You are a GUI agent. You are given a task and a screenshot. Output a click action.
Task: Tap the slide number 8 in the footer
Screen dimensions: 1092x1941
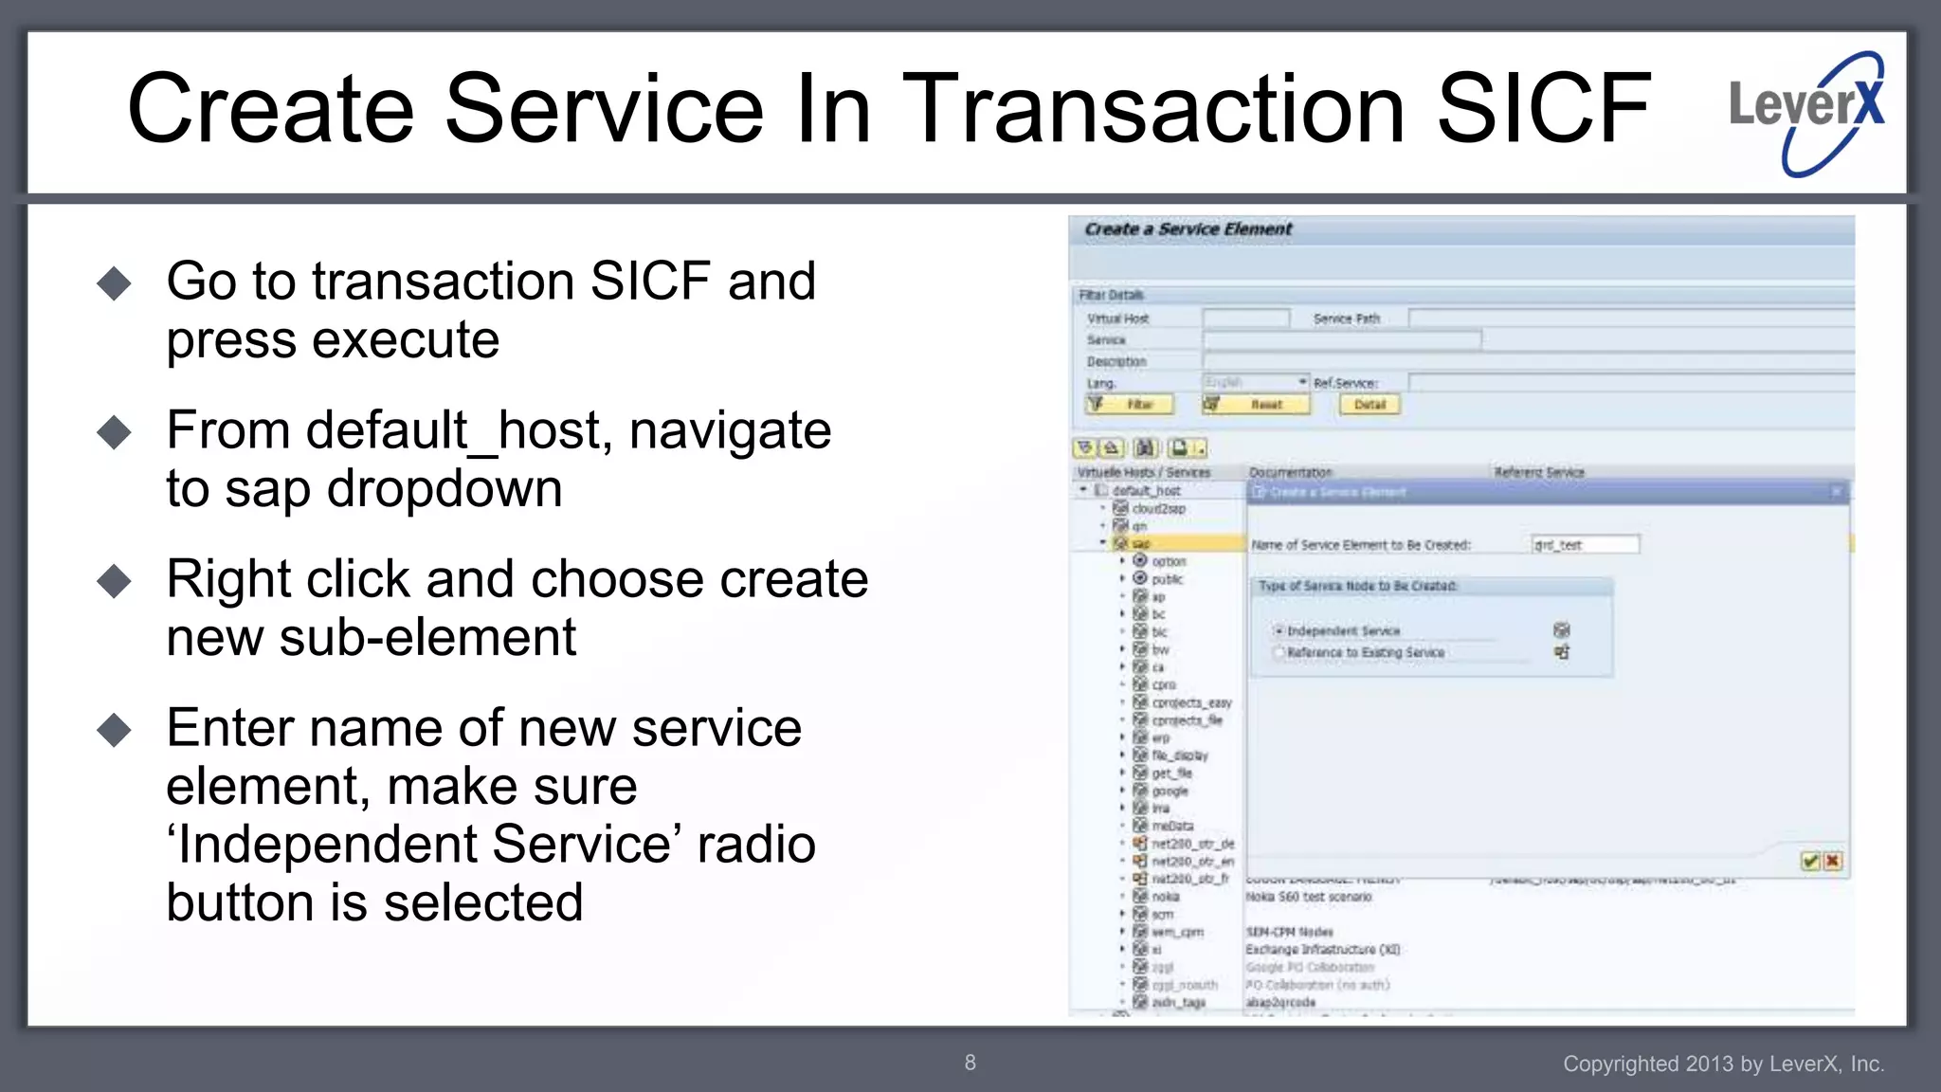pyautogui.click(x=970, y=1063)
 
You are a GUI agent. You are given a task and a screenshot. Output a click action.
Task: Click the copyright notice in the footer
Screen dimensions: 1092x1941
pyautogui.click(x=1723, y=1064)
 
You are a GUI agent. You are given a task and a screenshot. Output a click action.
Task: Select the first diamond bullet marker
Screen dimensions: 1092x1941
pyautogui.click(x=115, y=283)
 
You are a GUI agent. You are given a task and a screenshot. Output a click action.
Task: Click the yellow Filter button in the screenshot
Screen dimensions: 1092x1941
pyautogui.click(x=1131, y=405)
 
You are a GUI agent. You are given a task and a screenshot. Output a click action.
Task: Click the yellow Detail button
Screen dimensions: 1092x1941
pyautogui.click(x=1370, y=405)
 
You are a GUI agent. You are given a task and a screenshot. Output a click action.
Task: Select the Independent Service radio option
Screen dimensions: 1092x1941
pyautogui.click(x=1279, y=631)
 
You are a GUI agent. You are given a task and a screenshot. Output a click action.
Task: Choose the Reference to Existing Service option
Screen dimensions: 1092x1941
pyautogui.click(x=1279, y=652)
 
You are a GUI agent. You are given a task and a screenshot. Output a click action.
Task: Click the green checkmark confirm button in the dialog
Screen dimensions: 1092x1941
pyautogui.click(x=1809, y=861)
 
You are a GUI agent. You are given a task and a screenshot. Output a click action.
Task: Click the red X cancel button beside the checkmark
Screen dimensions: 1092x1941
pyautogui.click(x=1833, y=861)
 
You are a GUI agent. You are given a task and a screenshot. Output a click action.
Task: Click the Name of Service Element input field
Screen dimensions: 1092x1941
pyautogui.click(x=1585, y=545)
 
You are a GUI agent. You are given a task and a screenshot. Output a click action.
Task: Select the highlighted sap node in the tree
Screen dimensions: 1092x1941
pyautogui.click(x=1140, y=544)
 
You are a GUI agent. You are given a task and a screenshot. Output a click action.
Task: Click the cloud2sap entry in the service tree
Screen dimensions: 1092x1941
pyautogui.click(x=1158, y=509)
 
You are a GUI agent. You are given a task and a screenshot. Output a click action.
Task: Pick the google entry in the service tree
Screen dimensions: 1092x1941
pyautogui.click(x=1170, y=791)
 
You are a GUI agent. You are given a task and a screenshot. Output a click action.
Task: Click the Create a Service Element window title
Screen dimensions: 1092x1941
pyautogui.click(x=1188, y=229)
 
